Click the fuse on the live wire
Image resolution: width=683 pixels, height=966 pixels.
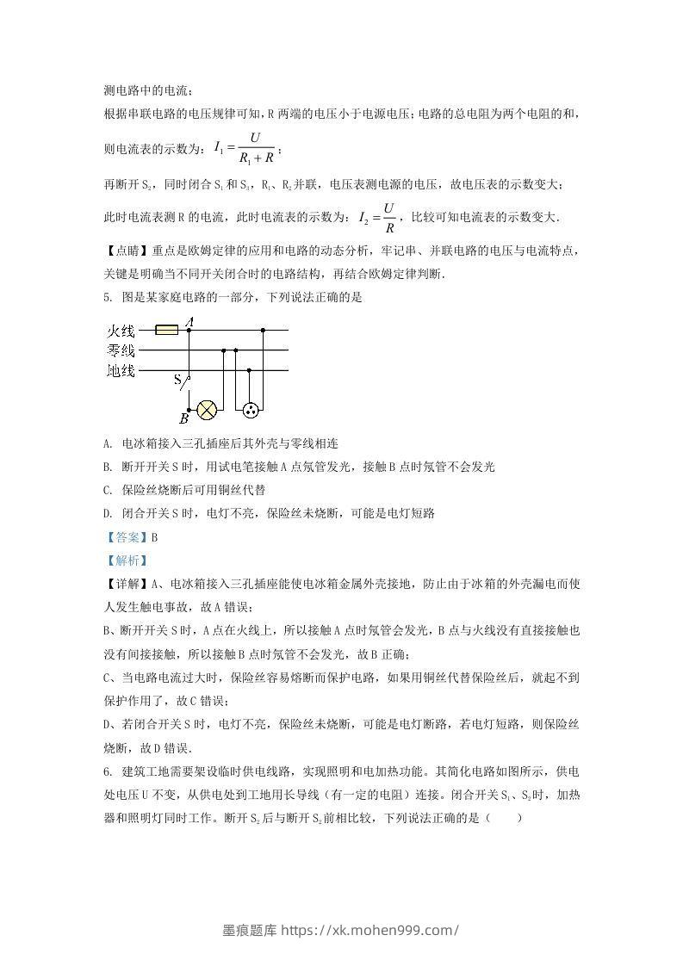click(166, 329)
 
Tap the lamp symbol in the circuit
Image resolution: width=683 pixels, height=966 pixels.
click(207, 410)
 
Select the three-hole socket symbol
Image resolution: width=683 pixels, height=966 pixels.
click(250, 410)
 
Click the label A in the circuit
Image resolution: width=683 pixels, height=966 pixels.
click(189, 320)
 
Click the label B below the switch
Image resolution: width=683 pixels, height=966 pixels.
click(183, 419)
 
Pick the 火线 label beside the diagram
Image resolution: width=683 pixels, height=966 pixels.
click(121, 331)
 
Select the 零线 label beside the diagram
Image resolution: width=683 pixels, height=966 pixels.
click(121, 350)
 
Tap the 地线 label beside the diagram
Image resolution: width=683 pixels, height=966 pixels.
click(121, 371)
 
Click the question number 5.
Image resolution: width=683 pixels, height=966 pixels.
click(107, 297)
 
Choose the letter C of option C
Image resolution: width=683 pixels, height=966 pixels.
click(107, 489)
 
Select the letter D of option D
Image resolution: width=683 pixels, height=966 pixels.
click(107, 513)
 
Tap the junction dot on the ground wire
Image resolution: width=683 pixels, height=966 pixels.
click(250, 371)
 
